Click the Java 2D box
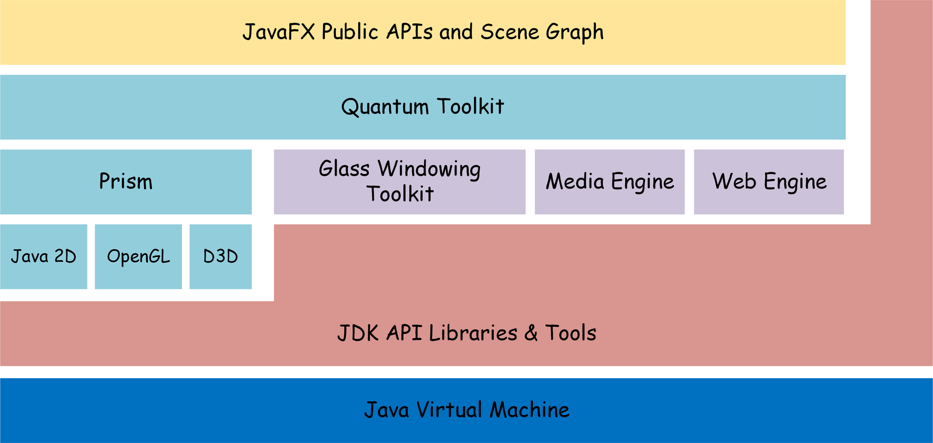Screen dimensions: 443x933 (x=44, y=256)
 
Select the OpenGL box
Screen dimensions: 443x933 (x=138, y=256)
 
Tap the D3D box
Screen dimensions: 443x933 (x=220, y=256)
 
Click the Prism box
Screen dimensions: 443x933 (x=126, y=182)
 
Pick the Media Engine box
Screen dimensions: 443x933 (x=609, y=182)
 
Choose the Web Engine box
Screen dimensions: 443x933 (x=769, y=182)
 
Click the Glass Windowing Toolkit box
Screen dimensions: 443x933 (x=399, y=182)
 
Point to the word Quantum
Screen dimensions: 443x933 (x=385, y=107)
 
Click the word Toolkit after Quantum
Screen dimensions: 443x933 (x=470, y=106)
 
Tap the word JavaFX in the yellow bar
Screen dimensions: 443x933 (x=278, y=32)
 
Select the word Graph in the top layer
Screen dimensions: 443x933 (x=574, y=33)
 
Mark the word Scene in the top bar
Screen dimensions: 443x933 (x=510, y=32)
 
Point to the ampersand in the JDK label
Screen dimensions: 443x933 (x=531, y=333)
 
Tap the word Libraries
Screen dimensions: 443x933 (x=473, y=333)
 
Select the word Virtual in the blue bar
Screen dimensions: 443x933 (x=449, y=410)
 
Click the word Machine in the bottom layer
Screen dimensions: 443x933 (x=529, y=410)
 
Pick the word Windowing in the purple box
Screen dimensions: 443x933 (x=429, y=169)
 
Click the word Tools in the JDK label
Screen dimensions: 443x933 (x=571, y=333)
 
